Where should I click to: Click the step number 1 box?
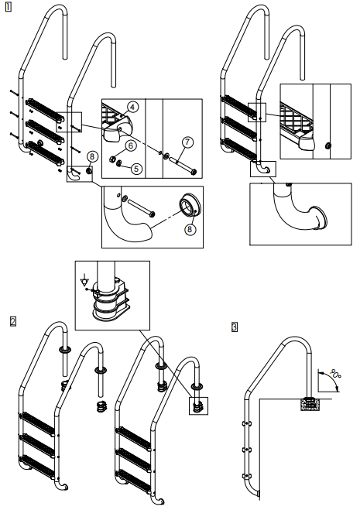coord(8,7)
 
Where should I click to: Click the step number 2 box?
coord(12,321)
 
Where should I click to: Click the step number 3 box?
coord(235,327)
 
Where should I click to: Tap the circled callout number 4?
coord(133,107)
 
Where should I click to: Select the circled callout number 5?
coord(136,168)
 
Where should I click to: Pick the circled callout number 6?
coord(131,145)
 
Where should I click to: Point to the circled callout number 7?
coord(187,142)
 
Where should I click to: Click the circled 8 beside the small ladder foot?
coord(92,157)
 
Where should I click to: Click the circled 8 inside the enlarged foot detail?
coord(190,229)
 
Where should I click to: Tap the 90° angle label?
coord(335,373)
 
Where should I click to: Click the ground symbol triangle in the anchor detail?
coord(84,282)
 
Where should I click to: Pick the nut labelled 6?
coord(111,159)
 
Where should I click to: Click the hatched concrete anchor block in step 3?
coord(309,403)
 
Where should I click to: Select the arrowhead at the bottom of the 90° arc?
coord(338,388)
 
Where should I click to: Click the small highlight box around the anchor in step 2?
coord(198,406)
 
